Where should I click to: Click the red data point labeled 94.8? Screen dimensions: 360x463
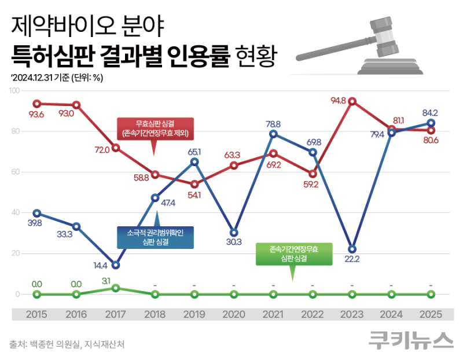(352, 101)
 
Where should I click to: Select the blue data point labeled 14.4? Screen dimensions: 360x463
(116, 265)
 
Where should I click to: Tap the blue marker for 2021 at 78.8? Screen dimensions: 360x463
(273, 134)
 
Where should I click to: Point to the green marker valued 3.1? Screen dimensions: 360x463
(116, 288)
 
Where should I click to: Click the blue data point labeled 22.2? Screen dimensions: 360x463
(352, 249)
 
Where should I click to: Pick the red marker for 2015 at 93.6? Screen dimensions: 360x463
(37, 104)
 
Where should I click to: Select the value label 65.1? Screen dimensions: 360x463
(194, 152)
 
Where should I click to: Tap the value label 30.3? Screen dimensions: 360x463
(234, 242)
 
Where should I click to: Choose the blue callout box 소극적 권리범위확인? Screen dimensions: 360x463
(155, 237)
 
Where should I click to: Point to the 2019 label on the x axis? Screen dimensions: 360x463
(194, 314)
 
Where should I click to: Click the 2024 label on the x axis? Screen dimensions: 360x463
(391, 314)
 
